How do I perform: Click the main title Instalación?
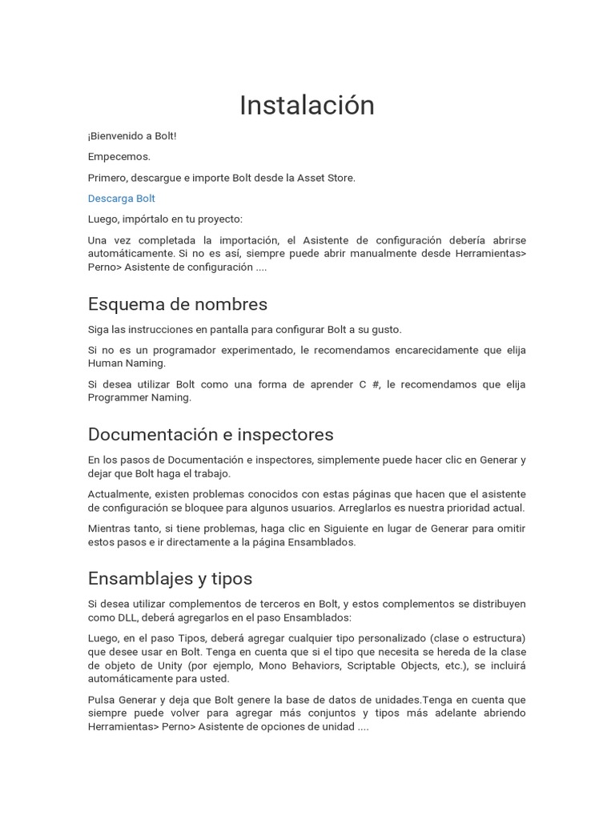(307, 105)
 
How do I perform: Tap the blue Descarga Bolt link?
(122, 199)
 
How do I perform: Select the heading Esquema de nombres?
(178, 304)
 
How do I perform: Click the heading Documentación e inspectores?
(211, 434)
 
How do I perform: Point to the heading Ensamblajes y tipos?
(170, 578)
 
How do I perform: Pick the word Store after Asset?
(340, 178)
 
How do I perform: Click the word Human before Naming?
(106, 364)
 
